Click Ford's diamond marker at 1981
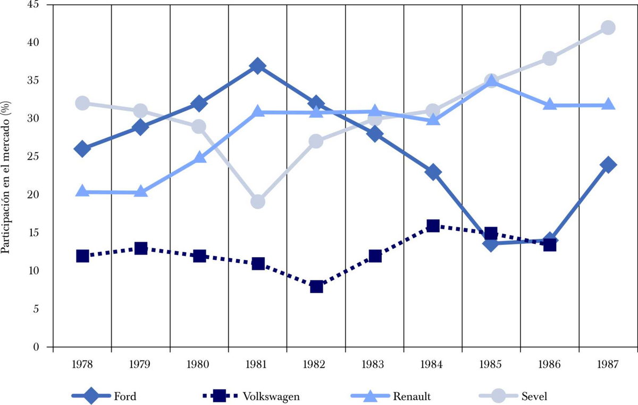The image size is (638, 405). tap(258, 66)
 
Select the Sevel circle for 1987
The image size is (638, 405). tap(608, 28)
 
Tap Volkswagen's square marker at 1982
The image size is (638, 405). tap(316, 286)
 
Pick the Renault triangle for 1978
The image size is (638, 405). tap(82, 192)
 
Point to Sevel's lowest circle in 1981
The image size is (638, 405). tap(258, 202)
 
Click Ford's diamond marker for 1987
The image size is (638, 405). tap(608, 164)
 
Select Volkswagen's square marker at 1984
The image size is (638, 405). tap(433, 226)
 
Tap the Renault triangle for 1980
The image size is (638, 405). tap(199, 158)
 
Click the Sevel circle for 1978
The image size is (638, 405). tap(82, 103)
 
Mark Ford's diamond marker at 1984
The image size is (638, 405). tap(433, 172)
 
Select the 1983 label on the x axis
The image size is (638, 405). tap(375, 365)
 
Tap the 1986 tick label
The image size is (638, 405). tap(550, 365)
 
